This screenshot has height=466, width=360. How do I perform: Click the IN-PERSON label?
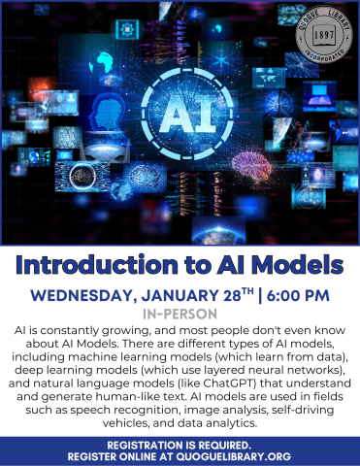180,316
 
